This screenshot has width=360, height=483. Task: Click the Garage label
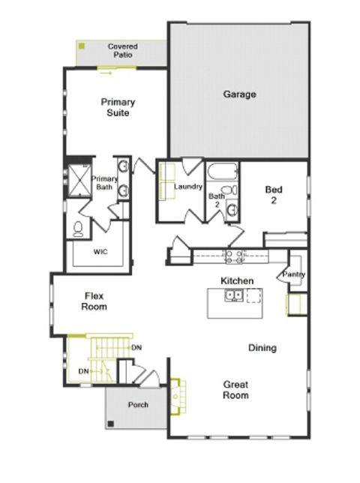pyautogui.click(x=239, y=94)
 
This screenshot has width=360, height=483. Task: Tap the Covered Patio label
pyautogui.click(x=122, y=50)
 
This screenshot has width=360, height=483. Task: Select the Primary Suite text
pyautogui.click(x=117, y=107)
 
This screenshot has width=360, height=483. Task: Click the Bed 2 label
pyautogui.click(x=273, y=195)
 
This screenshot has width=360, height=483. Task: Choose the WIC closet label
pyautogui.click(x=100, y=252)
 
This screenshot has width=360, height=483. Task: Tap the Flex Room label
pyautogui.click(x=94, y=301)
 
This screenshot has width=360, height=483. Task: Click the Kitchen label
pyautogui.click(x=236, y=280)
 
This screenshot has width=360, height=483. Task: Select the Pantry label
pyautogui.click(x=293, y=275)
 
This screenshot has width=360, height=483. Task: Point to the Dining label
pyautogui.click(x=262, y=348)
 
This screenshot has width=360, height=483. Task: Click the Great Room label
pyautogui.click(x=235, y=390)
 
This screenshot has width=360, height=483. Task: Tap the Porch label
pyautogui.click(x=138, y=405)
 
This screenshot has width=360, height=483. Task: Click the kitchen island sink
pyautogui.click(x=234, y=295)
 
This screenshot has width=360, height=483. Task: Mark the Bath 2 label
pyautogui.click(x=214, y=200)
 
